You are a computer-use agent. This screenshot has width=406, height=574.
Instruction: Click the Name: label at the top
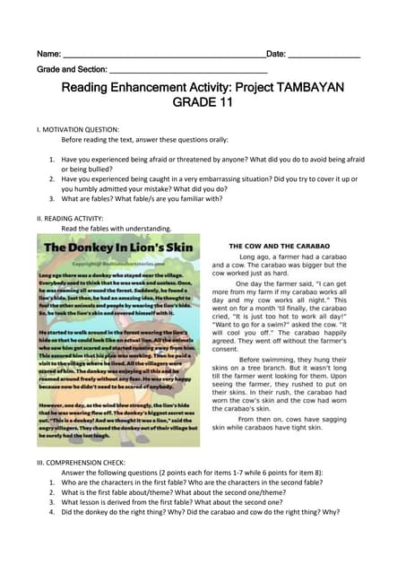click(x=48, y=55)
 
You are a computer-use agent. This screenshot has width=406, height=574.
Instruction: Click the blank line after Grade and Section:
click(x=187, y=71)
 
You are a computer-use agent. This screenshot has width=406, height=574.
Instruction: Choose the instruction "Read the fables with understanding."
click(x=116, y=229)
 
